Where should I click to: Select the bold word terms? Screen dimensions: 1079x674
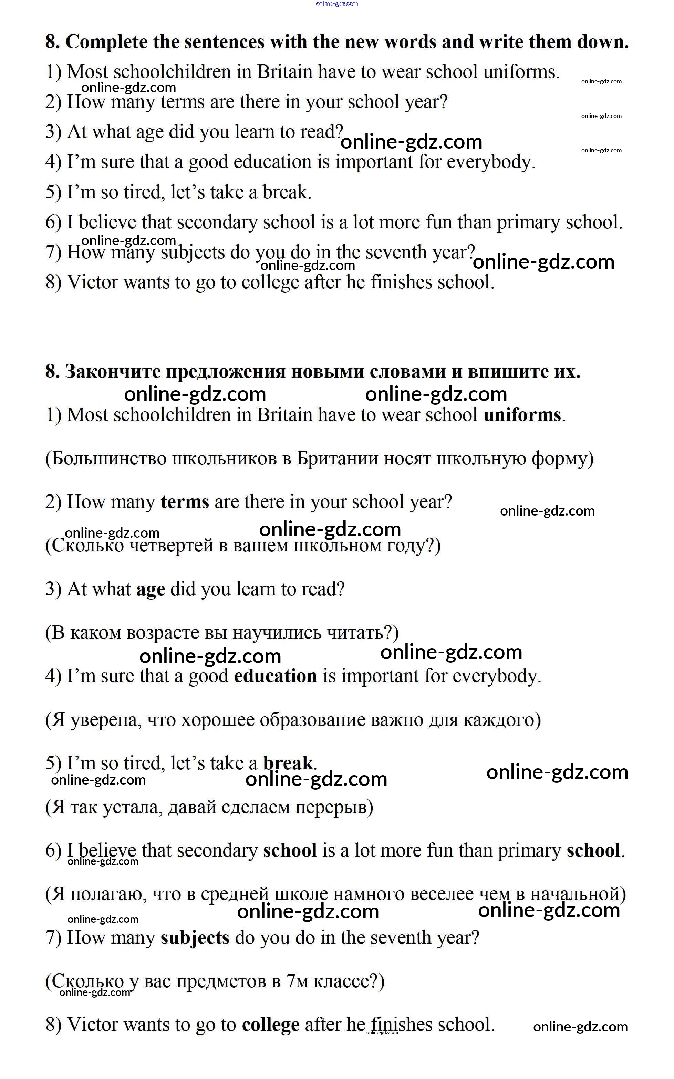click(185, 502)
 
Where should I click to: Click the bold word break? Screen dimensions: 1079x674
click(288, 763)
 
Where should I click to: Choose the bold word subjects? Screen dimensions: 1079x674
click(195, 938)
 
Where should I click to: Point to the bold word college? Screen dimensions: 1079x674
click(271, 1025)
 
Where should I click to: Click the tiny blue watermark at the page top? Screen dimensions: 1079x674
click(336, 4)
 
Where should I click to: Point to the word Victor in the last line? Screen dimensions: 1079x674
click(92, 1025)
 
